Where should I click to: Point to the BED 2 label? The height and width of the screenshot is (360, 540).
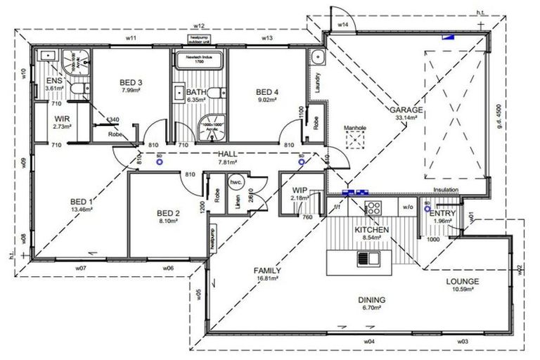(x=169, y=214)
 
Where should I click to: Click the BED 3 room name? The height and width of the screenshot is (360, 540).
(x=131, y=82)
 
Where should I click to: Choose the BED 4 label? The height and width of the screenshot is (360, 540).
(x=267, y=91)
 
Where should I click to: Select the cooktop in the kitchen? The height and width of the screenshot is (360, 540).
(x=373, y=207)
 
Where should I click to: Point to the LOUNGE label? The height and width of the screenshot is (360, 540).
(x=462, y=282)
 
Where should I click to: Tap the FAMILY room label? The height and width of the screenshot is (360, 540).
(x=267, y=271)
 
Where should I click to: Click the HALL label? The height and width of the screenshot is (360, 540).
(x=228, y=154)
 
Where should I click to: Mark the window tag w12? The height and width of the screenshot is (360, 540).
(x=199, y=26)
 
